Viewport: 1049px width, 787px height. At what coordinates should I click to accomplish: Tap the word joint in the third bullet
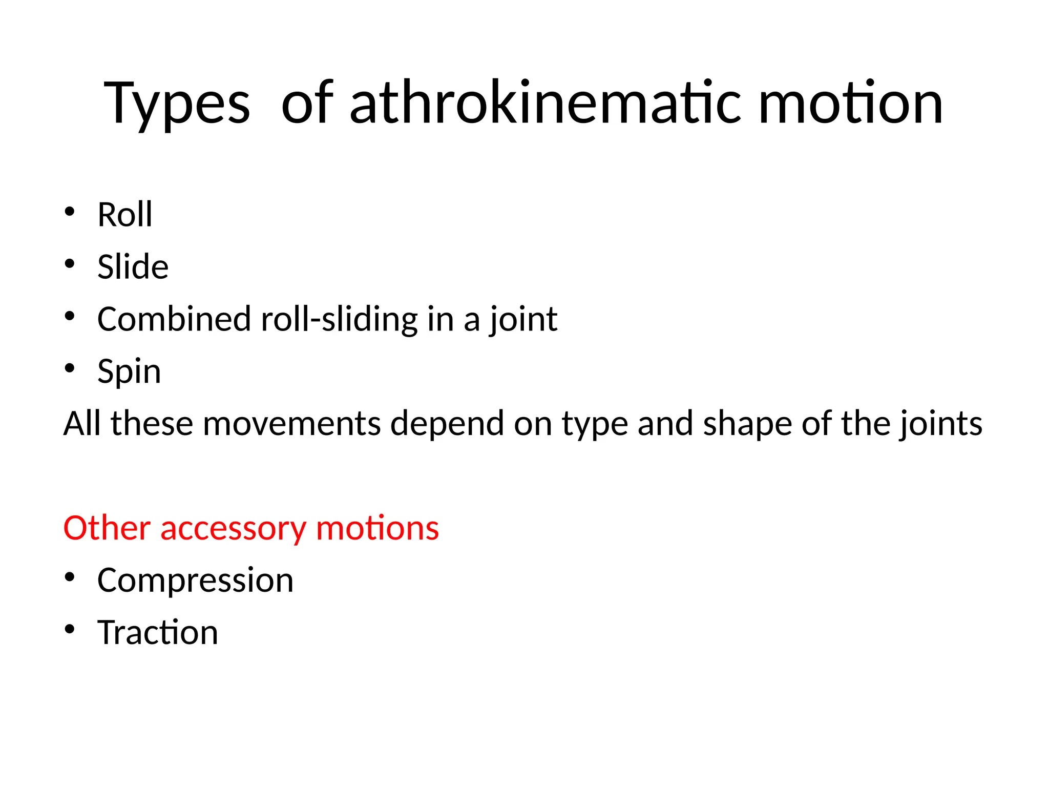tap(522, 320)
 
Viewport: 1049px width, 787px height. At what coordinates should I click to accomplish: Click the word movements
tap(292, 424)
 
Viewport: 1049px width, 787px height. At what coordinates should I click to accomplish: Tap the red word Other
tap(107, 528)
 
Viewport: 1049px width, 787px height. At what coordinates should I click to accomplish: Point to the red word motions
tap(377, 528)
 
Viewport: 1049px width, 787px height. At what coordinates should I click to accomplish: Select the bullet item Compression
tap(195, 581)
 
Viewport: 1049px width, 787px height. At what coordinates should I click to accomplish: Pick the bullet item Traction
tap(158, 632)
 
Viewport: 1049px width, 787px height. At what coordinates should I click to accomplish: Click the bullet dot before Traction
tap(70, 629)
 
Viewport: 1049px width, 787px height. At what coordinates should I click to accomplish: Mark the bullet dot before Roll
tap(70, 211)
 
